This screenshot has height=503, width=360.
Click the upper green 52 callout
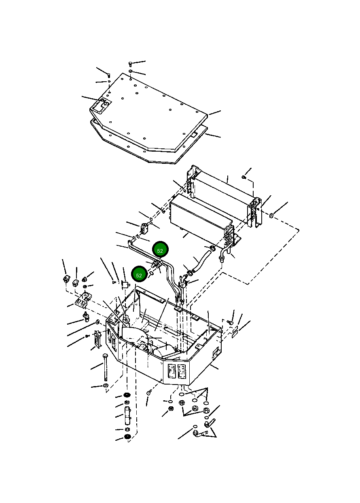point(160,251)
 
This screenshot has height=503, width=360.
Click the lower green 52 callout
point(140,275)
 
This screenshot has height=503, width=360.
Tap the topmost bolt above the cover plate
point(130,64)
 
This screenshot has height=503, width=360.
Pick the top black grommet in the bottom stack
point(127,395)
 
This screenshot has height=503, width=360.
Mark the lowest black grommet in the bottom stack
point(127,437)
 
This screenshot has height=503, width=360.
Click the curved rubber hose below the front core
point(200,262)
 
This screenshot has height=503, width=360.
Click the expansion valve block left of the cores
point(145,229)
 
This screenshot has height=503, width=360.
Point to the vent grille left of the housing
point(97,339)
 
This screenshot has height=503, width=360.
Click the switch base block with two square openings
point(82,300)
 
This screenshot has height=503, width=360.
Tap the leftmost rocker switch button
point(66,279)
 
